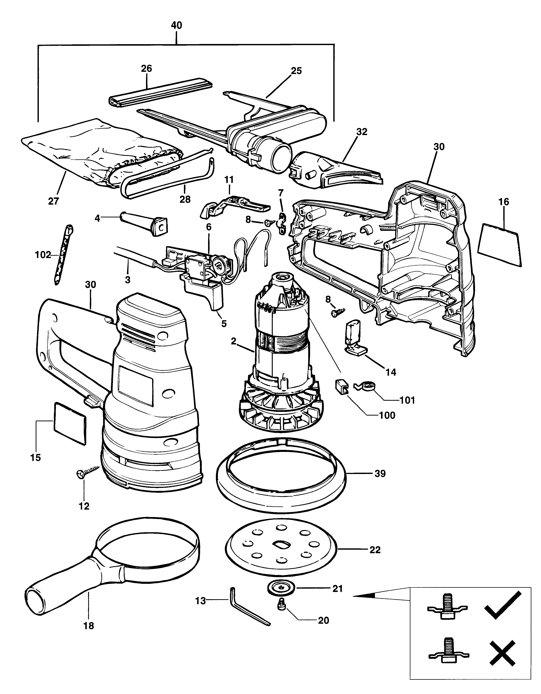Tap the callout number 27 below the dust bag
tap(54, 201)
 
